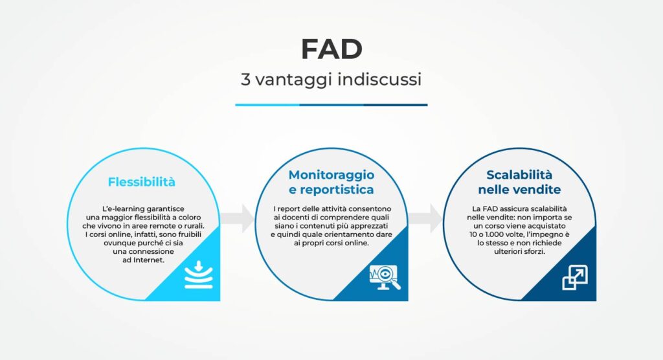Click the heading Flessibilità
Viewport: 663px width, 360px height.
coord(142,182)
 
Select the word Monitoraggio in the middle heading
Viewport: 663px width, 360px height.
coord(331,175)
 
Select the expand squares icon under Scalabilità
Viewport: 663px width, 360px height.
coord(574,277)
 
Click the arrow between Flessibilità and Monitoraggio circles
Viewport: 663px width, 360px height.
coord(239,218)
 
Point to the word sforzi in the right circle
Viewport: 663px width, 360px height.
coord(533,251)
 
